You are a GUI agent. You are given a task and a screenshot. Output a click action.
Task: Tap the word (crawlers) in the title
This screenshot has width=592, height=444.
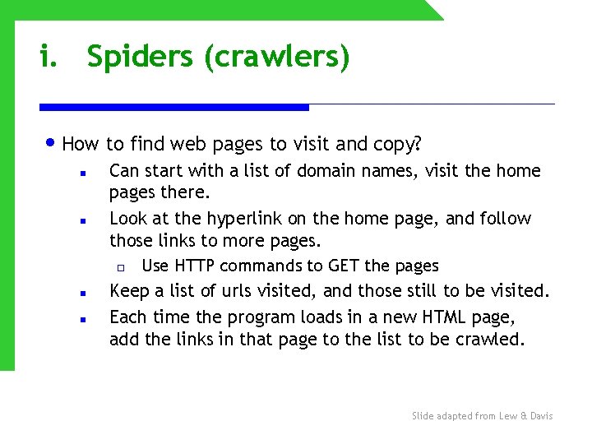click(277, 58)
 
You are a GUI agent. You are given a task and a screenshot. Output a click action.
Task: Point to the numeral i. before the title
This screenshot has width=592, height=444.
click(49, 58)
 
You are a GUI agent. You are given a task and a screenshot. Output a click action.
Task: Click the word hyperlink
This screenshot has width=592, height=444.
click(245, 219)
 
